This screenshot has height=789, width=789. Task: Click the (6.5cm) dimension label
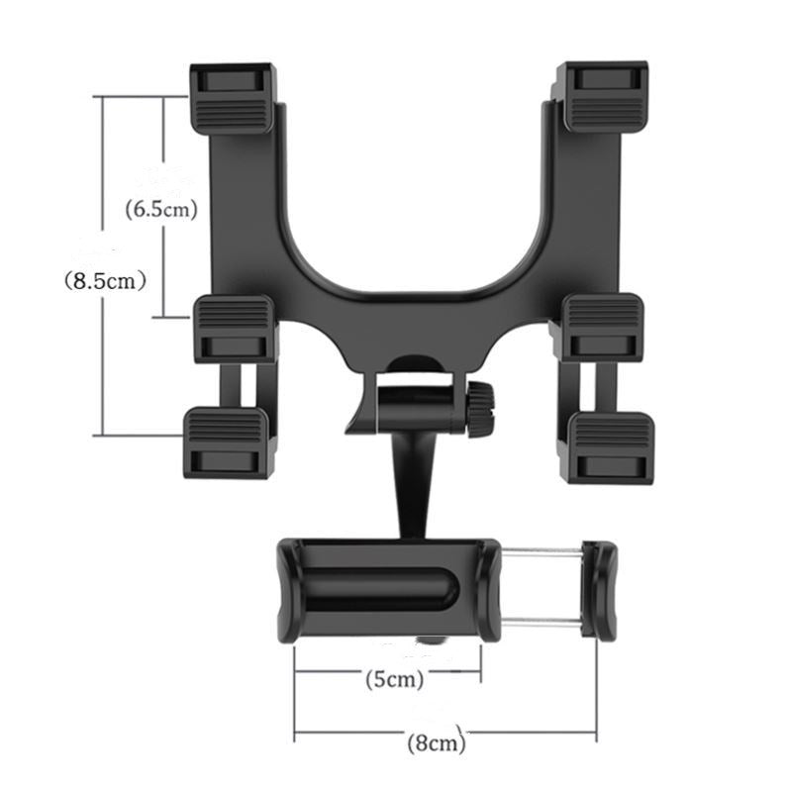pyautogui.click(x=162, y=209)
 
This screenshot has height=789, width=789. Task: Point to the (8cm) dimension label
pyautogui.click(x=436, y=740)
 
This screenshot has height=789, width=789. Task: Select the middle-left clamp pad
pyautogui.click(x=235, y=328)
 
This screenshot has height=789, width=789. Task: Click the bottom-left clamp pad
pyautogui.click(x=226, y=443)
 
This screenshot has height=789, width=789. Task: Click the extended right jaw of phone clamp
pyautogui.click(x=599, y=589)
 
